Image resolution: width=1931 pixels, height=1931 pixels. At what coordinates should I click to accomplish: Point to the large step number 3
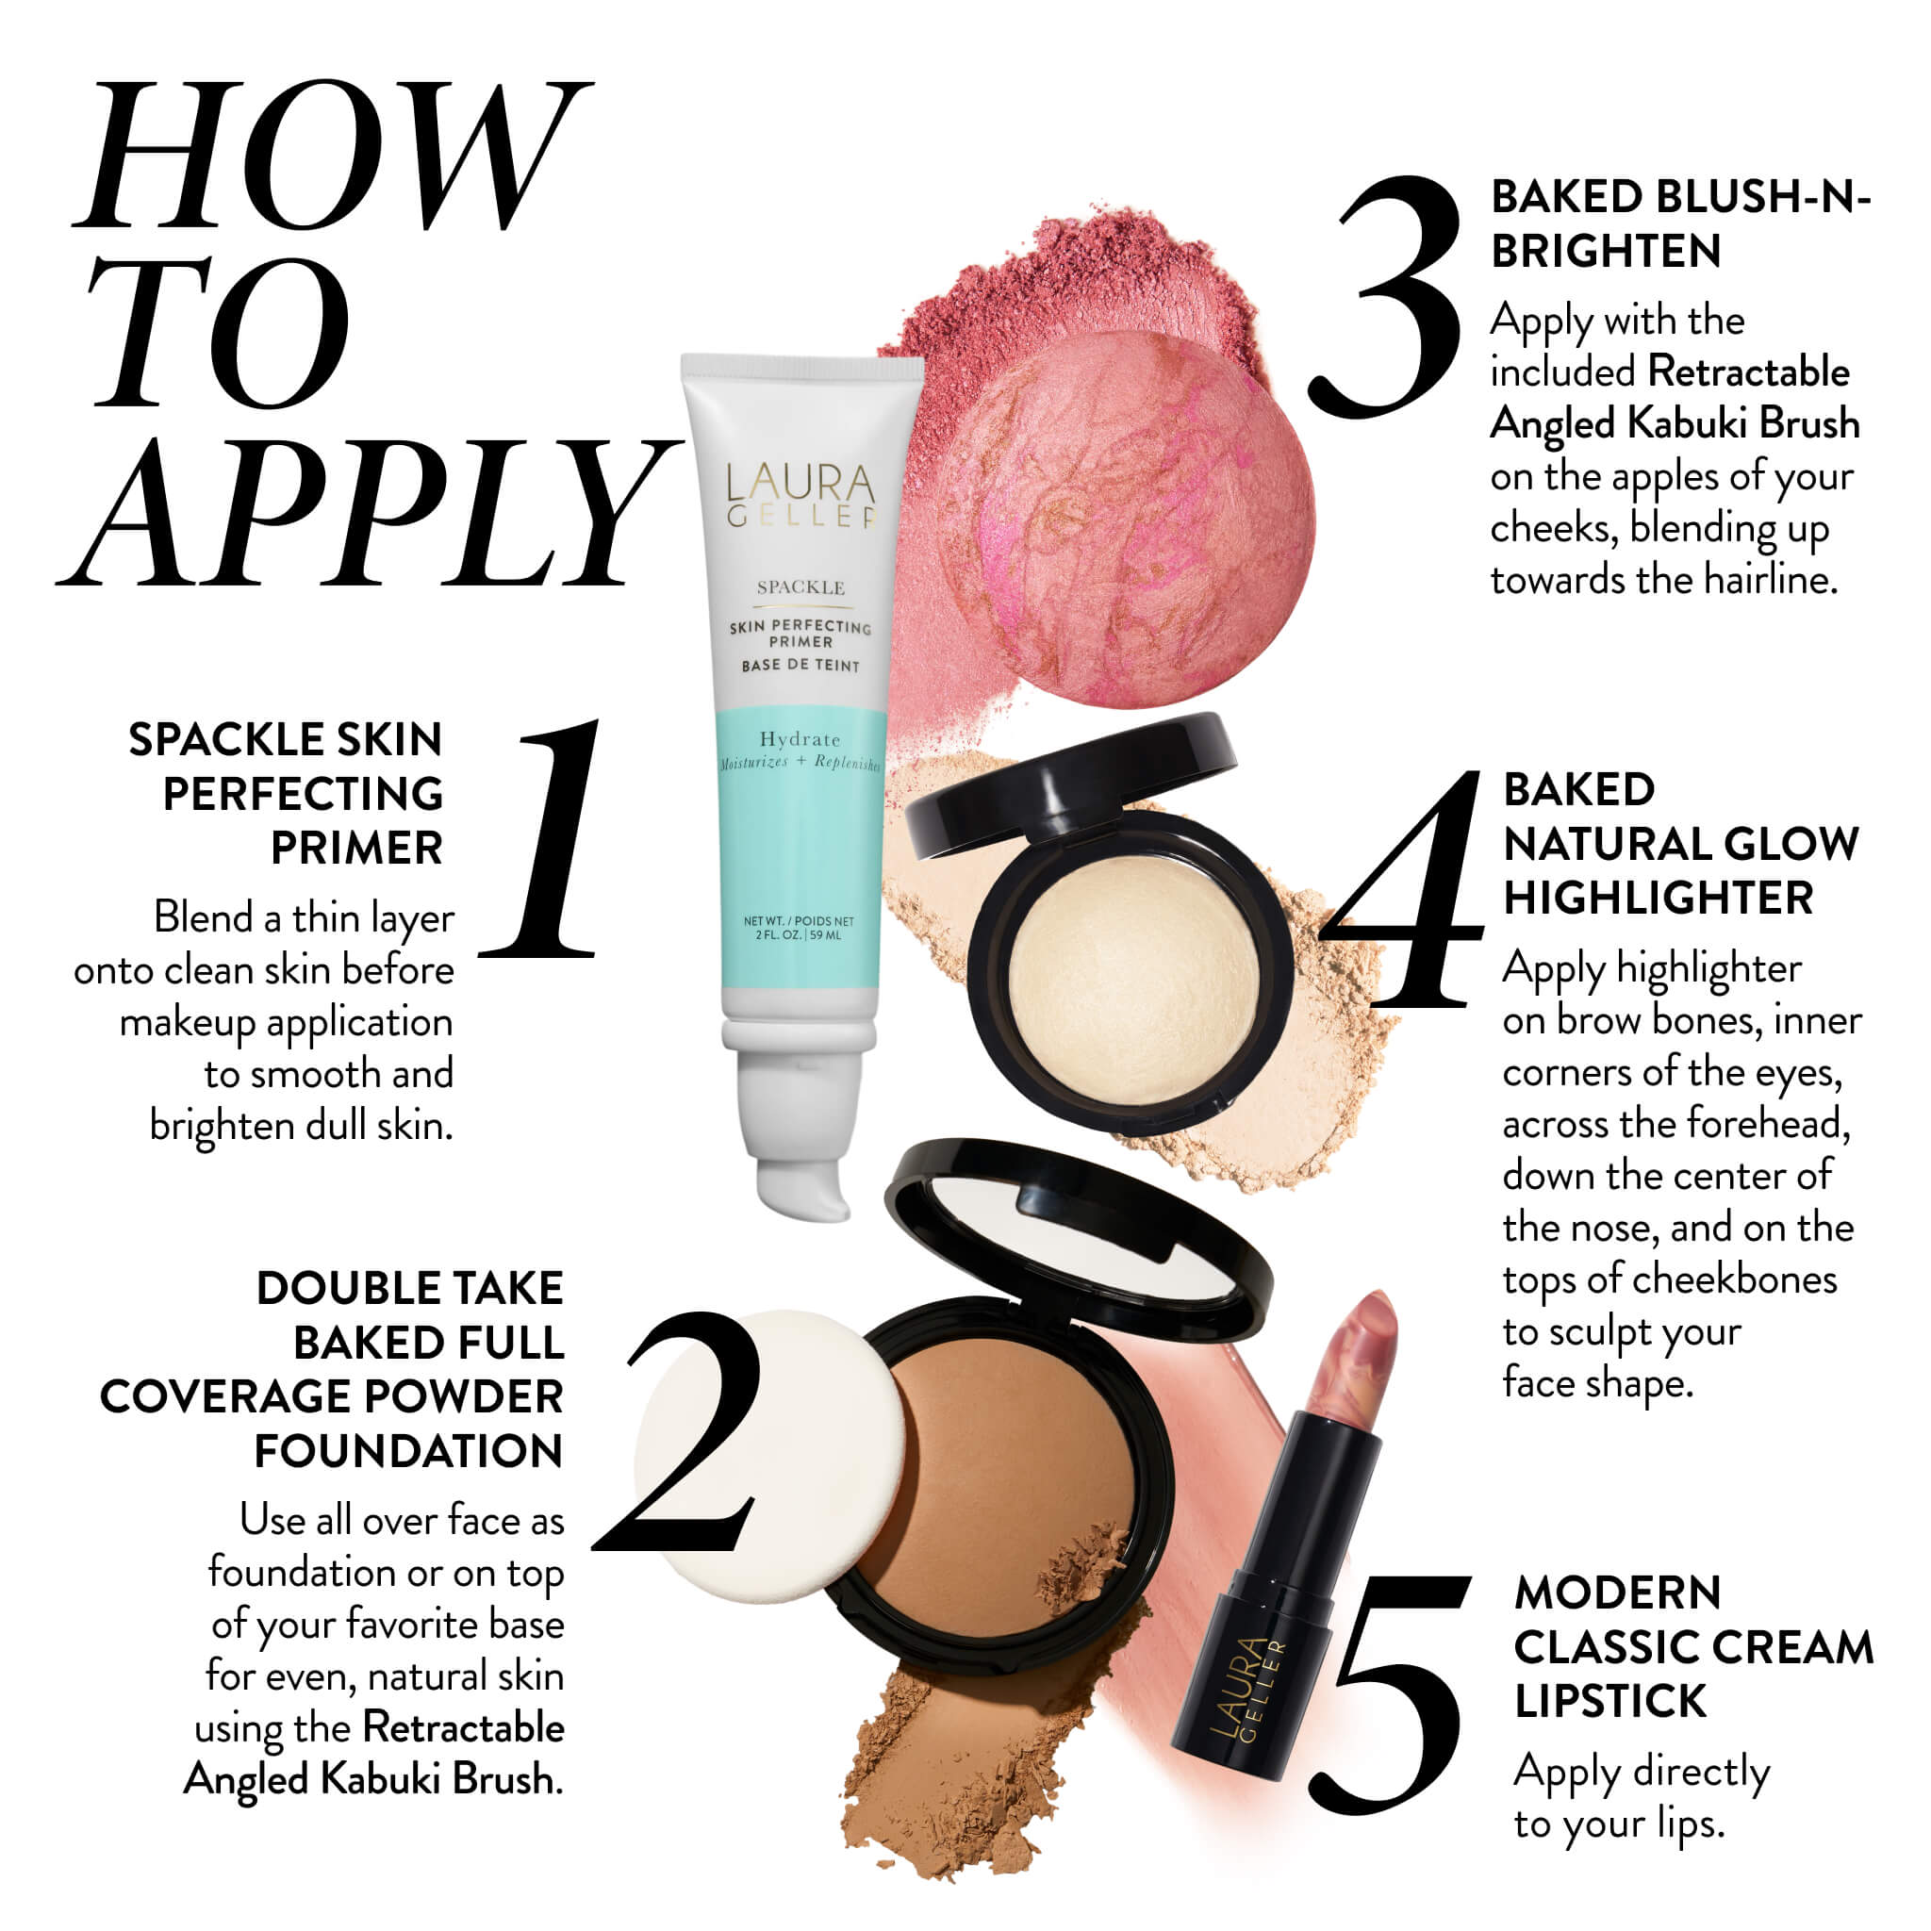1384,297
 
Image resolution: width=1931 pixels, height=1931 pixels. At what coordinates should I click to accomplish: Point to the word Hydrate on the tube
800,739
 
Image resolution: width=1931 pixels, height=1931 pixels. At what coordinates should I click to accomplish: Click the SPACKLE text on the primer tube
800,587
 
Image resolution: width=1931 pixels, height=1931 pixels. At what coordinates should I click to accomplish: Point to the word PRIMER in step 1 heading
356,849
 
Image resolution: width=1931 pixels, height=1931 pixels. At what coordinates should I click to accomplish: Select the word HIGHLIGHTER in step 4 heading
1659,897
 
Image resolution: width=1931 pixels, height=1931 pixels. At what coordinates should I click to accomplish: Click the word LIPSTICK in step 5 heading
1610,1700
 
